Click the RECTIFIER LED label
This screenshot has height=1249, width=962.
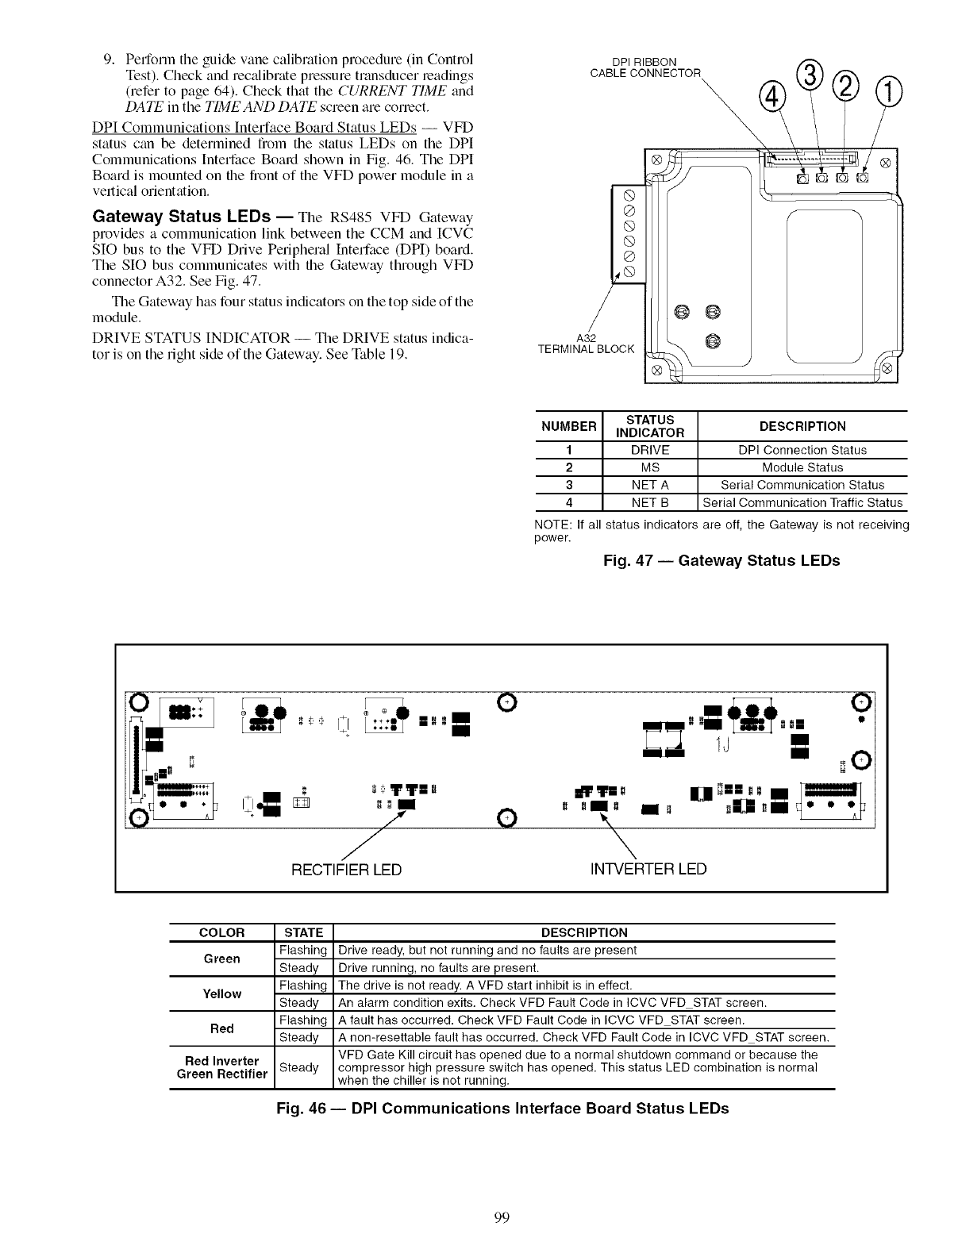(x=347, y=869)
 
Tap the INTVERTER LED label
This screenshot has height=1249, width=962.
(x=648, y=869)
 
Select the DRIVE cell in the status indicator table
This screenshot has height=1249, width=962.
(x=649, y=450)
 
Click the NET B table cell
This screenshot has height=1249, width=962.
(x=649, y=502)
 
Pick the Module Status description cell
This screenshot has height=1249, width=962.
(x=802, y=467)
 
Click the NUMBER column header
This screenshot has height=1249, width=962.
(x=568, y=426)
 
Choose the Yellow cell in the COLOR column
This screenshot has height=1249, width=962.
(x=221, y=993)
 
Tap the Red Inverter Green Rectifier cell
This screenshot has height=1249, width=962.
(x=221, y=1067)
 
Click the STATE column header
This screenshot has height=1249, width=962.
(x=303, y=932)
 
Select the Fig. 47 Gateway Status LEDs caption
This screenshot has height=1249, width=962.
(x=721, y=561)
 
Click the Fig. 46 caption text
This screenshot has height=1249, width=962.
(x=502, y=1109)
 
